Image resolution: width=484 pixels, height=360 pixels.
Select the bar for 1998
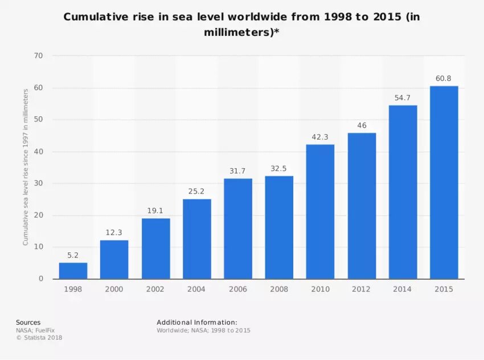coord(73,271)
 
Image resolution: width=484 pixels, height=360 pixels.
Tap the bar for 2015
coord(444,182)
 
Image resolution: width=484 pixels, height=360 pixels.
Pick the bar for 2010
coord(320,211)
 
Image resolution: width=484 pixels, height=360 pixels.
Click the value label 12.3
coord(114,232)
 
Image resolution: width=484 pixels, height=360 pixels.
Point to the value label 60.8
coord(444,78)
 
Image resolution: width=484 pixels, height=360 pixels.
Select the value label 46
coord(362,125)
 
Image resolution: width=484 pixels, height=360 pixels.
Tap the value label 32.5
coord(279,168)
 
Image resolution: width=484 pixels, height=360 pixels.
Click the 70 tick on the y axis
coord(39,56)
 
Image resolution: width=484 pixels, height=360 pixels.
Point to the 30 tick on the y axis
coord(39,183)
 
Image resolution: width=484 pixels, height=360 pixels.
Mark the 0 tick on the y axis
coord(41,279)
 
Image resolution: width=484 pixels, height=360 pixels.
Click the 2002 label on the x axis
coord(155,289)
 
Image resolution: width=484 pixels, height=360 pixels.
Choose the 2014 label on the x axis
coord(402,289)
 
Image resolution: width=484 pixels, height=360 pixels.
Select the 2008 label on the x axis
coord(279,289)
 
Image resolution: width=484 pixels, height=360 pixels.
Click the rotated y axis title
coord(26,167)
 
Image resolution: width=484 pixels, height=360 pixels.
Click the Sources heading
coord(28,322)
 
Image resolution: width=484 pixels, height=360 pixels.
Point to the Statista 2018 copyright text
coord(39,337)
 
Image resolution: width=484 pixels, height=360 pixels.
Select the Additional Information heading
coord(197,322)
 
